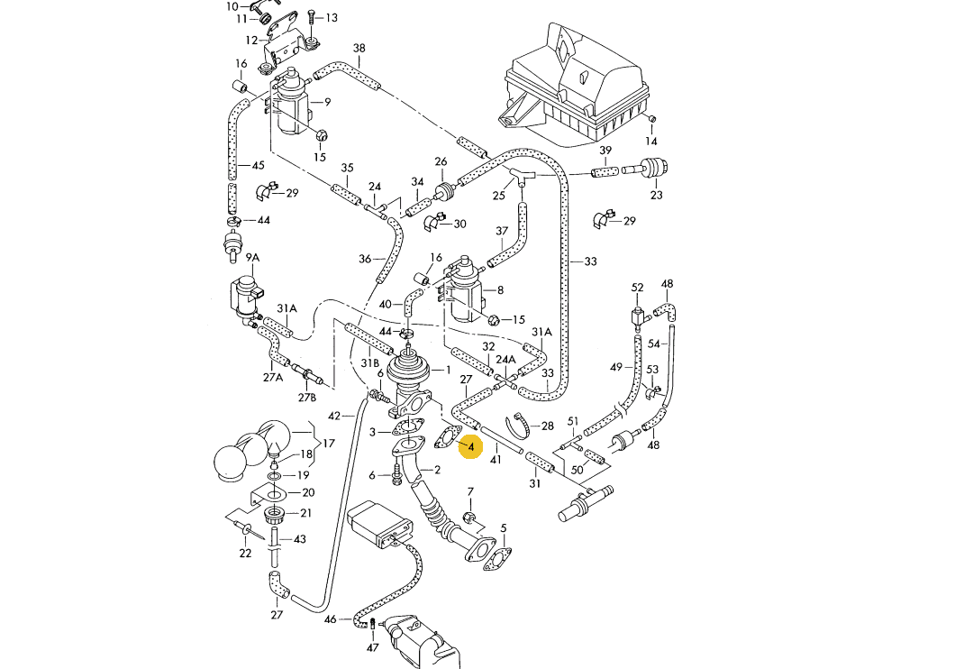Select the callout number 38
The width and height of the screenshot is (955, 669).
tap(359, 48)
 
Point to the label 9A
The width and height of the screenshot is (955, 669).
tap(253, 258)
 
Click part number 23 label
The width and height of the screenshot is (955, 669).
tap(656, 195)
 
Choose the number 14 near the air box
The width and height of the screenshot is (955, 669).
tap(650, 142)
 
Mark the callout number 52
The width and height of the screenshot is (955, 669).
tap(638, 288)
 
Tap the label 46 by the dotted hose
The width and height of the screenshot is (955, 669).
tap(331, 619)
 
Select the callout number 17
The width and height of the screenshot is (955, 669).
tap(328, 444)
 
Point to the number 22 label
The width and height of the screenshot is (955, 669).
tap(245, 554)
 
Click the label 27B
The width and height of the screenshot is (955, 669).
tap(307, 398)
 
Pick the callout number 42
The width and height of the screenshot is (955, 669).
tap(334, 416)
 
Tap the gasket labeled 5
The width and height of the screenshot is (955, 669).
tap(491, 555)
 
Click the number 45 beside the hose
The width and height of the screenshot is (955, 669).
tap(258, 165)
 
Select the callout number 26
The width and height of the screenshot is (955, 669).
tap(441, 162)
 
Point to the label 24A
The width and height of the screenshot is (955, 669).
tap(508, 359)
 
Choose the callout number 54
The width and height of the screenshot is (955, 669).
tap(655, 344)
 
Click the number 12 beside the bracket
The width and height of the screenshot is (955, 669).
tap(251, 40)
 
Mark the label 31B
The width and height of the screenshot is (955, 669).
tap(370, 362)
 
